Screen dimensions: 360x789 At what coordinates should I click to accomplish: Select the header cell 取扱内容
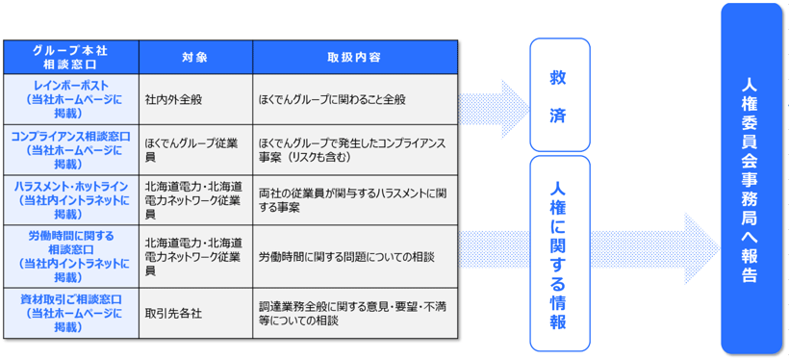coord(354,57)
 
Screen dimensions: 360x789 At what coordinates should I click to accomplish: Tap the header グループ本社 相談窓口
coord(71,57)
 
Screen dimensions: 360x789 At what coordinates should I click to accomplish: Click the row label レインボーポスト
coord(71,98)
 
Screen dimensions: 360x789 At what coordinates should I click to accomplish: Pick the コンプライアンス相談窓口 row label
coord(71,149)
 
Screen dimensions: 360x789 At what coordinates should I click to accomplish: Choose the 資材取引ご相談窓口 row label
coord(71,313)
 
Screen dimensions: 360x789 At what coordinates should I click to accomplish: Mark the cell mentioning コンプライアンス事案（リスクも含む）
coord(354,149)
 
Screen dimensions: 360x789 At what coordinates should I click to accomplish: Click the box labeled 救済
coord(558,94)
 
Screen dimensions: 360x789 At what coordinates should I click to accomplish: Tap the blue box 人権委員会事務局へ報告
coord(751,179)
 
